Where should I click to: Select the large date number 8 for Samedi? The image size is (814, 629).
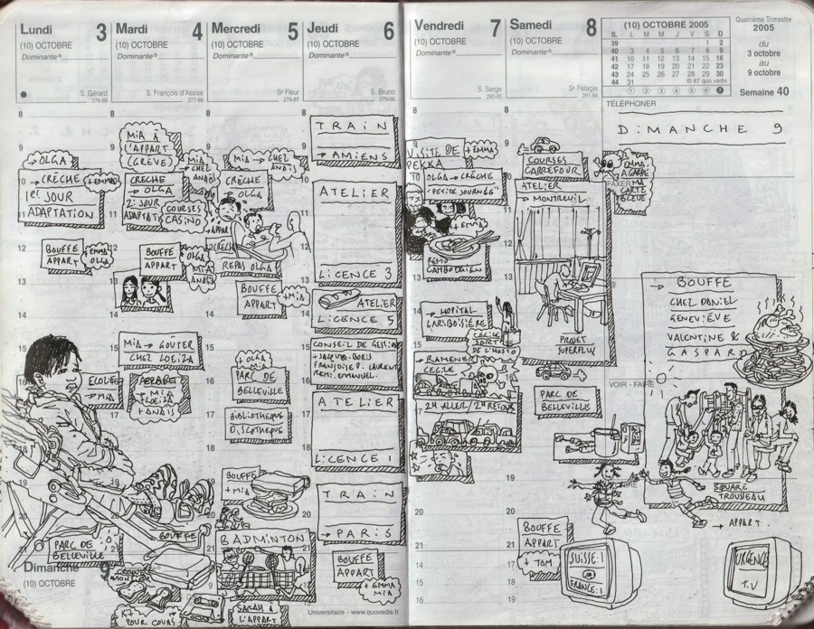[590, 29]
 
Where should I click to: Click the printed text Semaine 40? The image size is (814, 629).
[763, 91]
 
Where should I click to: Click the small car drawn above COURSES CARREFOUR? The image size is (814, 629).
[544, 145]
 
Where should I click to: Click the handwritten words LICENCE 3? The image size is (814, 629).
[356, 273]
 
